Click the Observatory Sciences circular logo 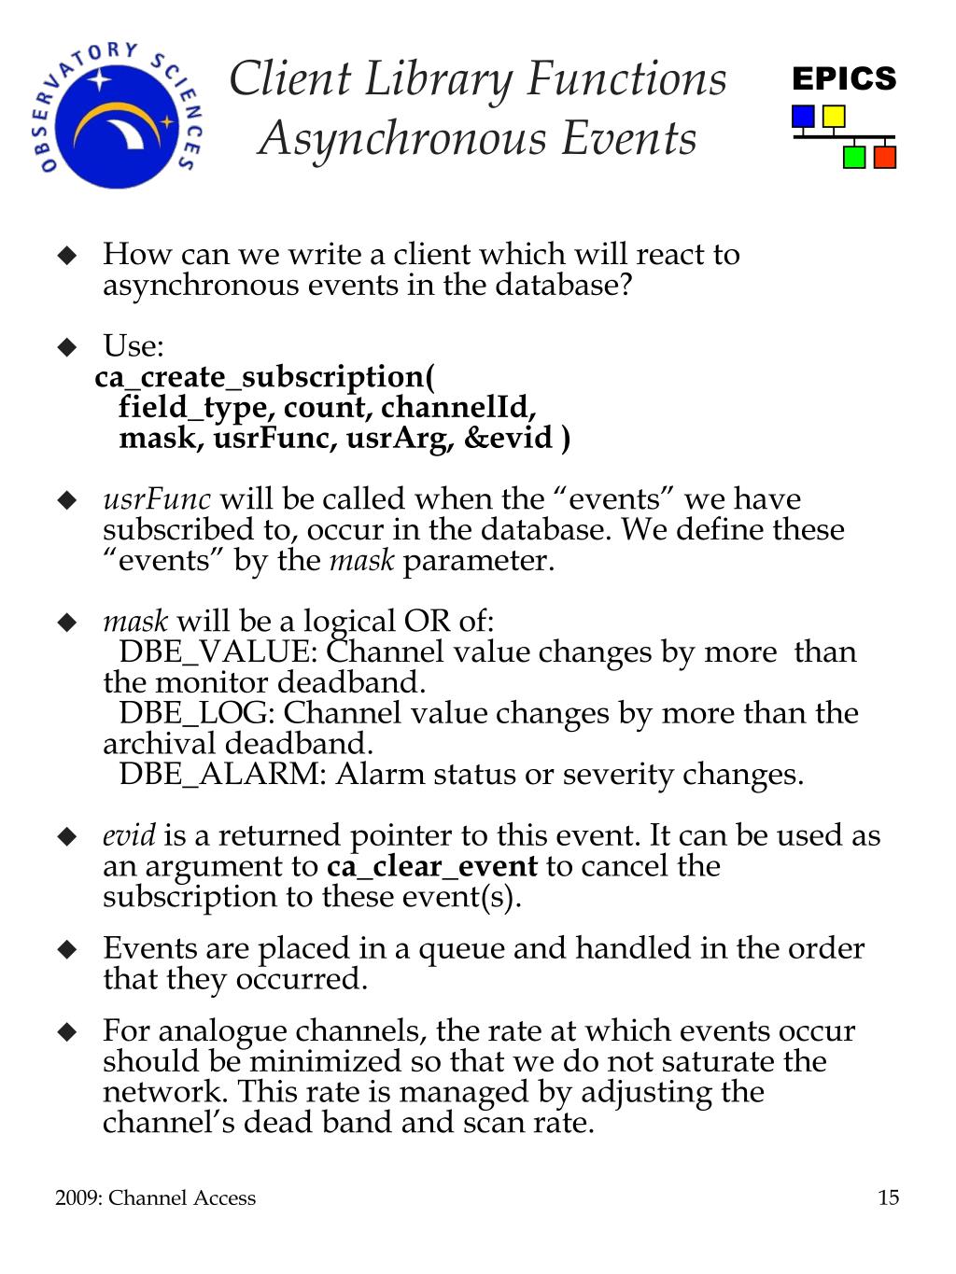click(117, 115)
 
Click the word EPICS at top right click(844, 79)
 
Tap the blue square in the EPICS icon click(803, 117)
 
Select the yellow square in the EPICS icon click(833, 117)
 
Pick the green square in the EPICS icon click(853, 157)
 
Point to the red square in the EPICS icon click(884, 157)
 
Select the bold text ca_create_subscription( click(265, 377)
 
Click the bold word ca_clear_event click(432, 866)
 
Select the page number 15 click(888, 1197)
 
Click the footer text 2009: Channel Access click(155, 1197)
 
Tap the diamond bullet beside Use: click(66, 347)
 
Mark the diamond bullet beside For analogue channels click(66, 1031)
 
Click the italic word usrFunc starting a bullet click(157, 499)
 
